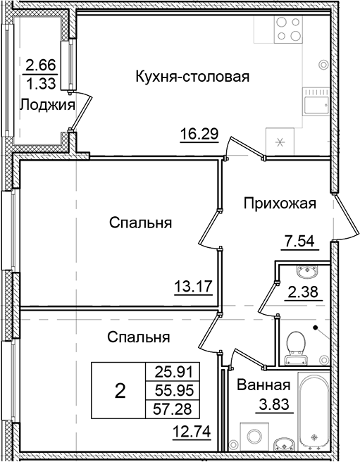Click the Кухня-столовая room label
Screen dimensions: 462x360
coord(193,76)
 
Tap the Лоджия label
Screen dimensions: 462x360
coord(46,105)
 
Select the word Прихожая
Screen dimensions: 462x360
coord(280,204)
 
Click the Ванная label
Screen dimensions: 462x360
coord(264,385)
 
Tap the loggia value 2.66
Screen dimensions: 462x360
coord(40,68)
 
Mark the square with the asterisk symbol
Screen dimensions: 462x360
coord(280,142)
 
